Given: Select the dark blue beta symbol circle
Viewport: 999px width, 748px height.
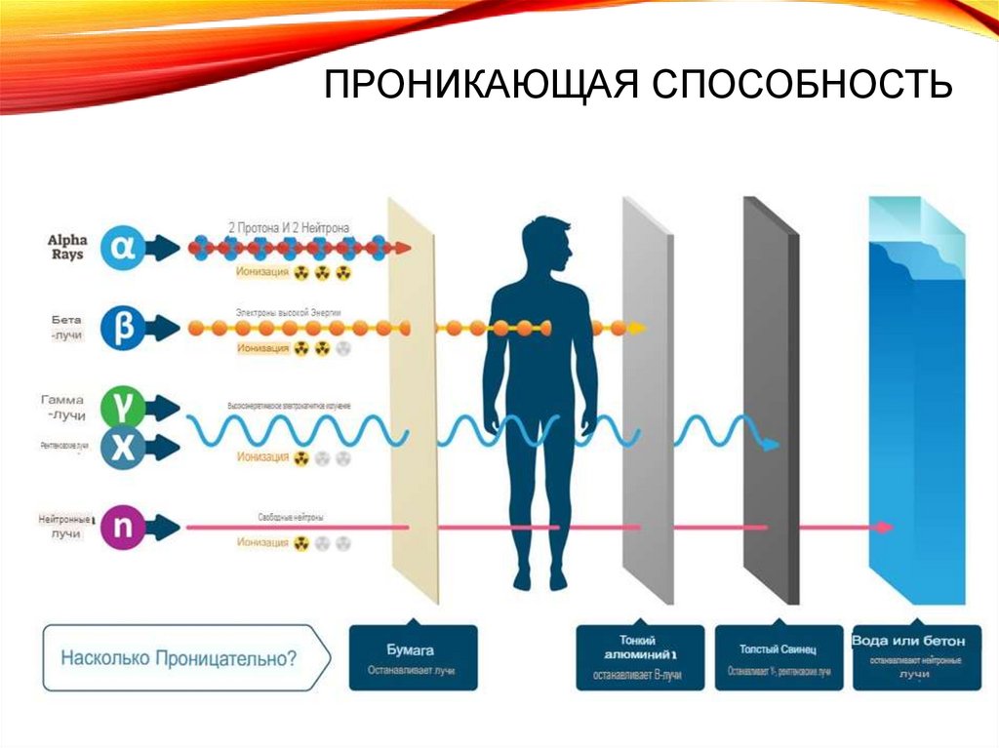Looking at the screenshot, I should (x=123, y=329).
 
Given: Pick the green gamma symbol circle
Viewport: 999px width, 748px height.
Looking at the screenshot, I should (x=124, y=404).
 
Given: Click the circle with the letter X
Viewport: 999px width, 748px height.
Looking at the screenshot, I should (x=124, y=447).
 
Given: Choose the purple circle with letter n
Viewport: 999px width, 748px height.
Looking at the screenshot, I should (x=124, y=528).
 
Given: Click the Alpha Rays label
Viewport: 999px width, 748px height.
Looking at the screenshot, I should (x=66, y=248).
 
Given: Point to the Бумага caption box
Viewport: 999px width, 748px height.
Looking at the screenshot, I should (x=413, y=658).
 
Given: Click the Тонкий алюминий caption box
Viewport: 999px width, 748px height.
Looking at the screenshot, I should (x=639, y=658).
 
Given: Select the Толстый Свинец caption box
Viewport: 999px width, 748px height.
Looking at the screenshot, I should (x=779, y=658).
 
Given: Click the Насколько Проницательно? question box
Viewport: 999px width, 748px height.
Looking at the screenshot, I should (x=180, y=658).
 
